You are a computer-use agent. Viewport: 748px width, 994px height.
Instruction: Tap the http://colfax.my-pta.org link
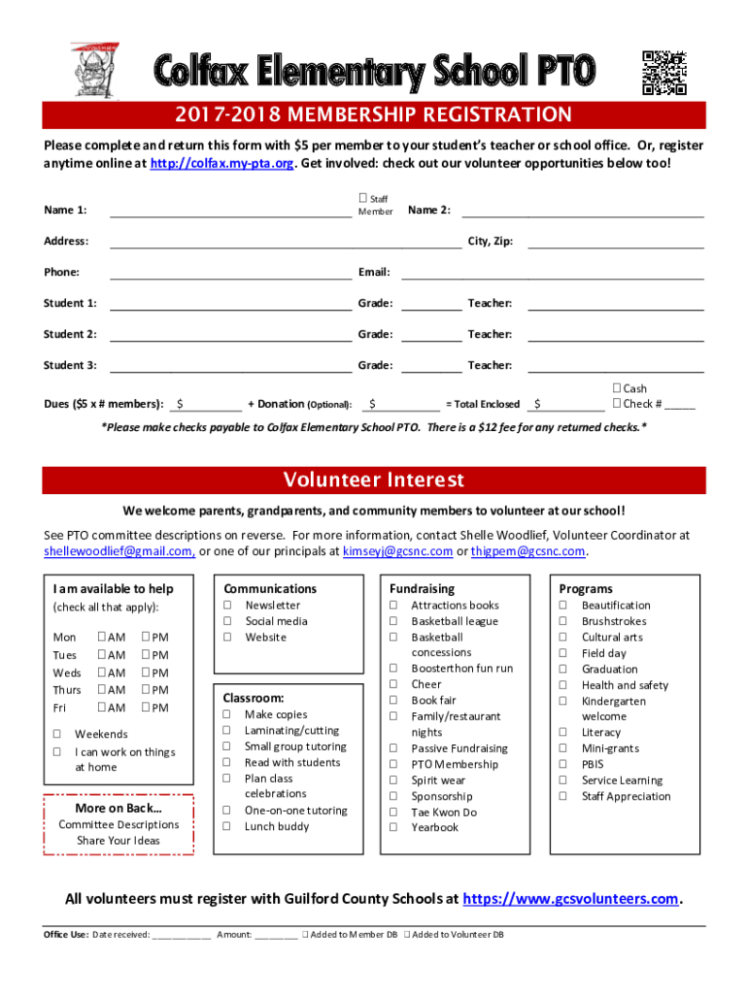(222, 163)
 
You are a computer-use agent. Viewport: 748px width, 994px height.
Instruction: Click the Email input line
(552, 273)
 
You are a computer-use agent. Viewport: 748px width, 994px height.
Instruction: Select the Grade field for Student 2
(431, 335)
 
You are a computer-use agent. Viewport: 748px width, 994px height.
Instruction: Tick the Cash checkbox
(617, 389)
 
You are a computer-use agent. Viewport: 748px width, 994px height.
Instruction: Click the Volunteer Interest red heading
(374, 480)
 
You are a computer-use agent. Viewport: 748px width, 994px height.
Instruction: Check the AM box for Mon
(102, 638)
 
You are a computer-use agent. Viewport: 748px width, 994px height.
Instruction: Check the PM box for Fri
(147, 709)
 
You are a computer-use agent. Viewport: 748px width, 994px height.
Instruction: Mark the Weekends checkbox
(57, 735)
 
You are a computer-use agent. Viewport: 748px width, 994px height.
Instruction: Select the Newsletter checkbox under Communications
(227, 606)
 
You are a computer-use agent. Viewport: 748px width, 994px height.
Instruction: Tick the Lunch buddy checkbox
(227, 826)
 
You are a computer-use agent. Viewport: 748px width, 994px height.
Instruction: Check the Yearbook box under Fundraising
(393, 827)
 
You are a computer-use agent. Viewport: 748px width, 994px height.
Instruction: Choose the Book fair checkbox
(393, 700)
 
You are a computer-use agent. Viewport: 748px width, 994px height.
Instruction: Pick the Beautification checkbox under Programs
(561, 606)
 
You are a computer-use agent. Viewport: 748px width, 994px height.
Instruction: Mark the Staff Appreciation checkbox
(561, 796)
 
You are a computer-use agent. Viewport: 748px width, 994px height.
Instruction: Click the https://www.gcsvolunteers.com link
(570, 899)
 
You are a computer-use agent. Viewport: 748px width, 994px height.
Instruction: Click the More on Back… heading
(119, 809)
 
